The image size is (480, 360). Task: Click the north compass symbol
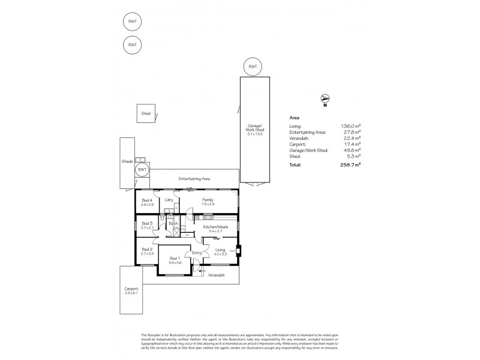325,98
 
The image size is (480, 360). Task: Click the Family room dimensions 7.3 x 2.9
208,205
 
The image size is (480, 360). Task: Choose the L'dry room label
169,200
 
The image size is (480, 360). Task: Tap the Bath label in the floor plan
173,224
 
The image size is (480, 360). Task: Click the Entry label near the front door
196,253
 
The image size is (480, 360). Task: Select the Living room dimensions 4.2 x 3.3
221,254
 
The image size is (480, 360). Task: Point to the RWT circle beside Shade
142,170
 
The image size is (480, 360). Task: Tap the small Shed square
146,113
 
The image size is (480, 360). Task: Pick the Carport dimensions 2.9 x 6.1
131,293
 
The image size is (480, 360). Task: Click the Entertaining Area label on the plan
193,179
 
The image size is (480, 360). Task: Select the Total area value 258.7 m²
351,163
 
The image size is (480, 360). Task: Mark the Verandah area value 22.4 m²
352,138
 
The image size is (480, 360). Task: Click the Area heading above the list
294,118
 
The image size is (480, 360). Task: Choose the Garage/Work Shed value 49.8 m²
352,151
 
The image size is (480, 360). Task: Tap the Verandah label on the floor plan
216,275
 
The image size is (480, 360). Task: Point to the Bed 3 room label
147,223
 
